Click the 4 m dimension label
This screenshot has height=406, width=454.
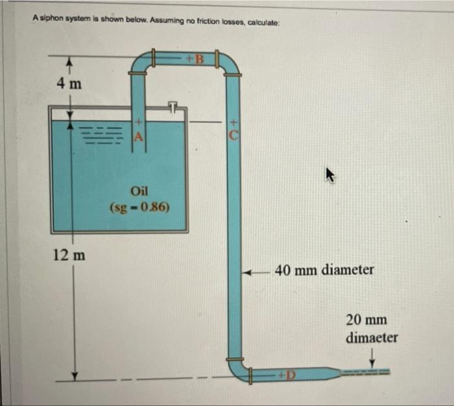click(69, 84)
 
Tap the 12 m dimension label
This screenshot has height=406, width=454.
click(69, 254)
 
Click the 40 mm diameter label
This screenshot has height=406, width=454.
click(324, 269)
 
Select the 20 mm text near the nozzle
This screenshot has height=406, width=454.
click(366, 320)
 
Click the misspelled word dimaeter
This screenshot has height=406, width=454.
click(372, 338)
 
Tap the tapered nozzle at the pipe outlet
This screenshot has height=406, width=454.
click(330, 374)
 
